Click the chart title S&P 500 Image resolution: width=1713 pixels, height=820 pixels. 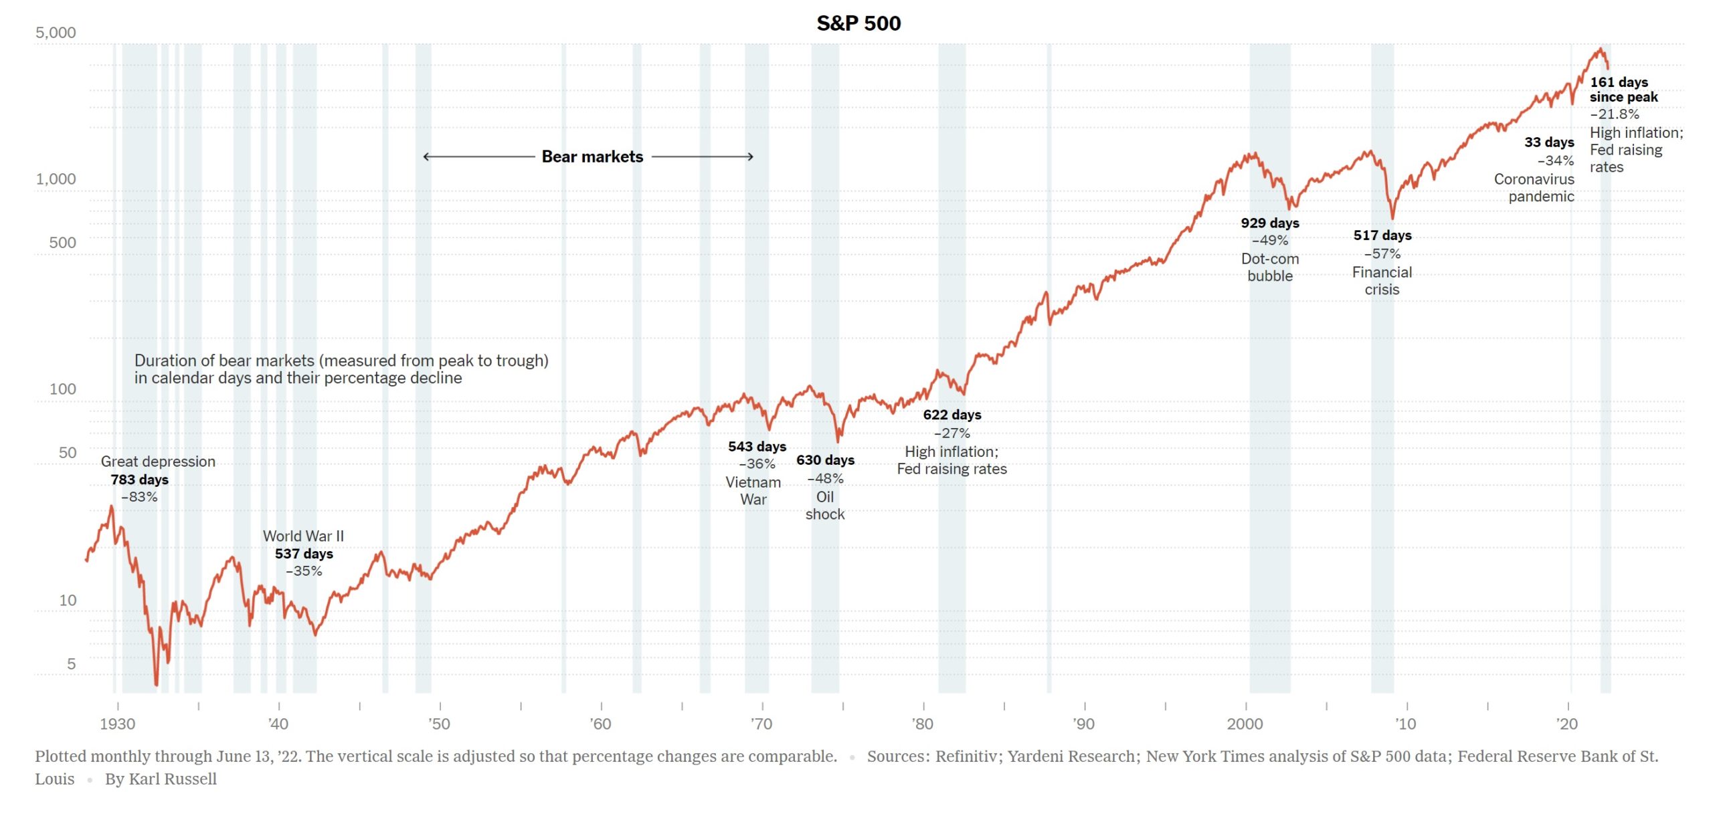pyautogui.click(x=859, y=23)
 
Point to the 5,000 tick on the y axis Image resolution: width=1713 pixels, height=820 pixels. pyautogui.click(x=56, y=33)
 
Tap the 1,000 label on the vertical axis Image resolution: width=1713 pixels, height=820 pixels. pyautogui.click(x=56, y=179)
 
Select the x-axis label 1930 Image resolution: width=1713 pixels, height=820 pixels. pyautogui.click(x=117, y=724)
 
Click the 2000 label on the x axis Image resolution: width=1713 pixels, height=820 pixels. pyautogui.click(x=1245, y=724)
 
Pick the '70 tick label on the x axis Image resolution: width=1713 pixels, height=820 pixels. pyautogui.click(x=761, y=724)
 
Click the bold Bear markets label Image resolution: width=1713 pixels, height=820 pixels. pyautogui.click(x=592, y=157)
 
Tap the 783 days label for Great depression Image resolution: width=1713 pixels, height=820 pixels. pyautogui.click(x=139, y=480)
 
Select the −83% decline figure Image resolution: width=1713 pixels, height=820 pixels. pyautogui.click(x=139, y=497)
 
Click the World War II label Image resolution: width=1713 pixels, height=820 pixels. pyautogui.click(x=303, y=536)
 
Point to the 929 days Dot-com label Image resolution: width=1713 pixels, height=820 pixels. pyautogui.click(x=1269, y=223)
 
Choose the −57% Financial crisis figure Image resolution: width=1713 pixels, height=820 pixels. pyautogui.click(x=1382, y=253)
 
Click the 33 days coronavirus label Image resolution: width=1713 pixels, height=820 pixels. pyautogui.click(x=1548, y=142)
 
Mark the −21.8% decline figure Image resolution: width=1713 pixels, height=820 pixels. pyautogui.click(x=1614, y=114)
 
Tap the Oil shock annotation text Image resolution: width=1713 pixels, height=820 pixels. pyautogui.click(x=824, y=506)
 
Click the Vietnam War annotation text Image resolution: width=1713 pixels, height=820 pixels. pyautogui.click(x=753, y=490)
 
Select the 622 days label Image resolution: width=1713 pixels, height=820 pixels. pyautogui.click(x=952, y=415)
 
